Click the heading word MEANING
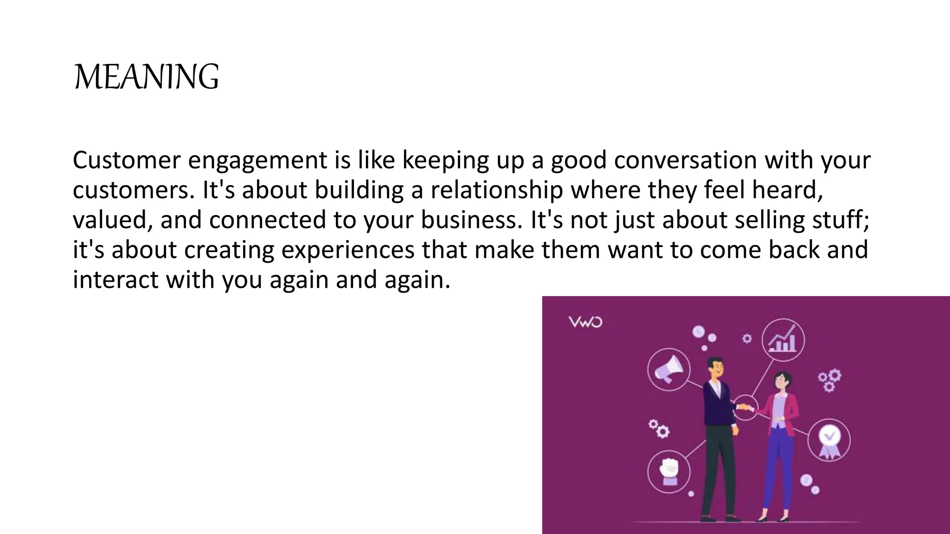(146, 77)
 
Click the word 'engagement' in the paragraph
(257, 160)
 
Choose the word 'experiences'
(347, 250)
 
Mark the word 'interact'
(116, 280)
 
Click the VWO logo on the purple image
(585, 322)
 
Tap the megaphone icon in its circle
(669, 369)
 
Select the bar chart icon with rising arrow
(783, 340)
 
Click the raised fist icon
(668, 471)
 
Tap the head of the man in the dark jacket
(715, 367)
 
